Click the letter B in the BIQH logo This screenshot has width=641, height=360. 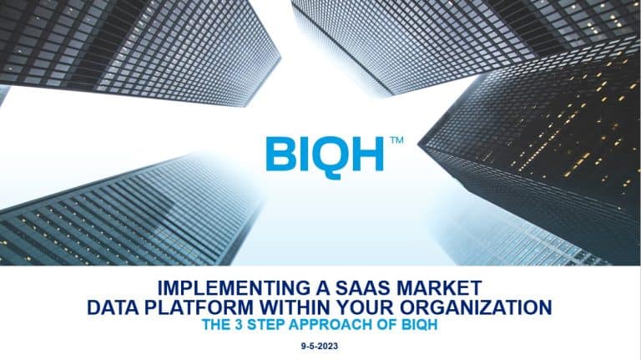point(280,154)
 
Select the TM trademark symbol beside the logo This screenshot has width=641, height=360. point(397,140)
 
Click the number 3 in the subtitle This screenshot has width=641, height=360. point(239,325)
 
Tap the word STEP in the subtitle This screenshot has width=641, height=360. point(266,325)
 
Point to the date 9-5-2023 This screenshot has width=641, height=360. point(320,346)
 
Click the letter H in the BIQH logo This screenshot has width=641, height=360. point(367,154)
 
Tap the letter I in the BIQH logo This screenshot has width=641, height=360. point(303,154)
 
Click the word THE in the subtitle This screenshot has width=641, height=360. point(217,325)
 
